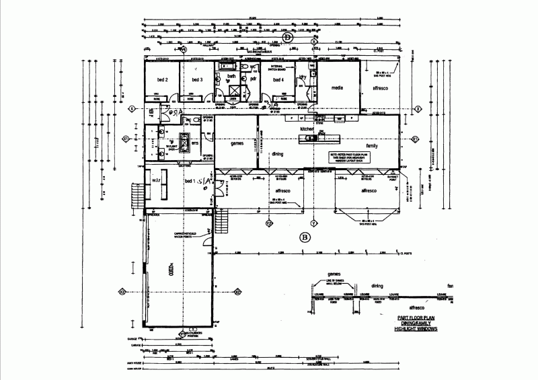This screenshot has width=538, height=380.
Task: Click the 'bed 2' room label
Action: pos(163,80)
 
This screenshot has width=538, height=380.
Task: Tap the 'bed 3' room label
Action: pos(196,80)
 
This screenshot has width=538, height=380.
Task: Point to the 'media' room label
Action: pos(338,88)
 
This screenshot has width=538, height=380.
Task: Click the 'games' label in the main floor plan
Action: pos(237,143)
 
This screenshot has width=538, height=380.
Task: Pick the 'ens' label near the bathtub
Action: pos(194,143)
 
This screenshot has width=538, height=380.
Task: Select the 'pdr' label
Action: pos(254,79)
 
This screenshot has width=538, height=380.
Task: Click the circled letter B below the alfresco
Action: pos(304,237)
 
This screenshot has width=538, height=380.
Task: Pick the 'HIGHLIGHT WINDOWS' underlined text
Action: pos(415,330)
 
